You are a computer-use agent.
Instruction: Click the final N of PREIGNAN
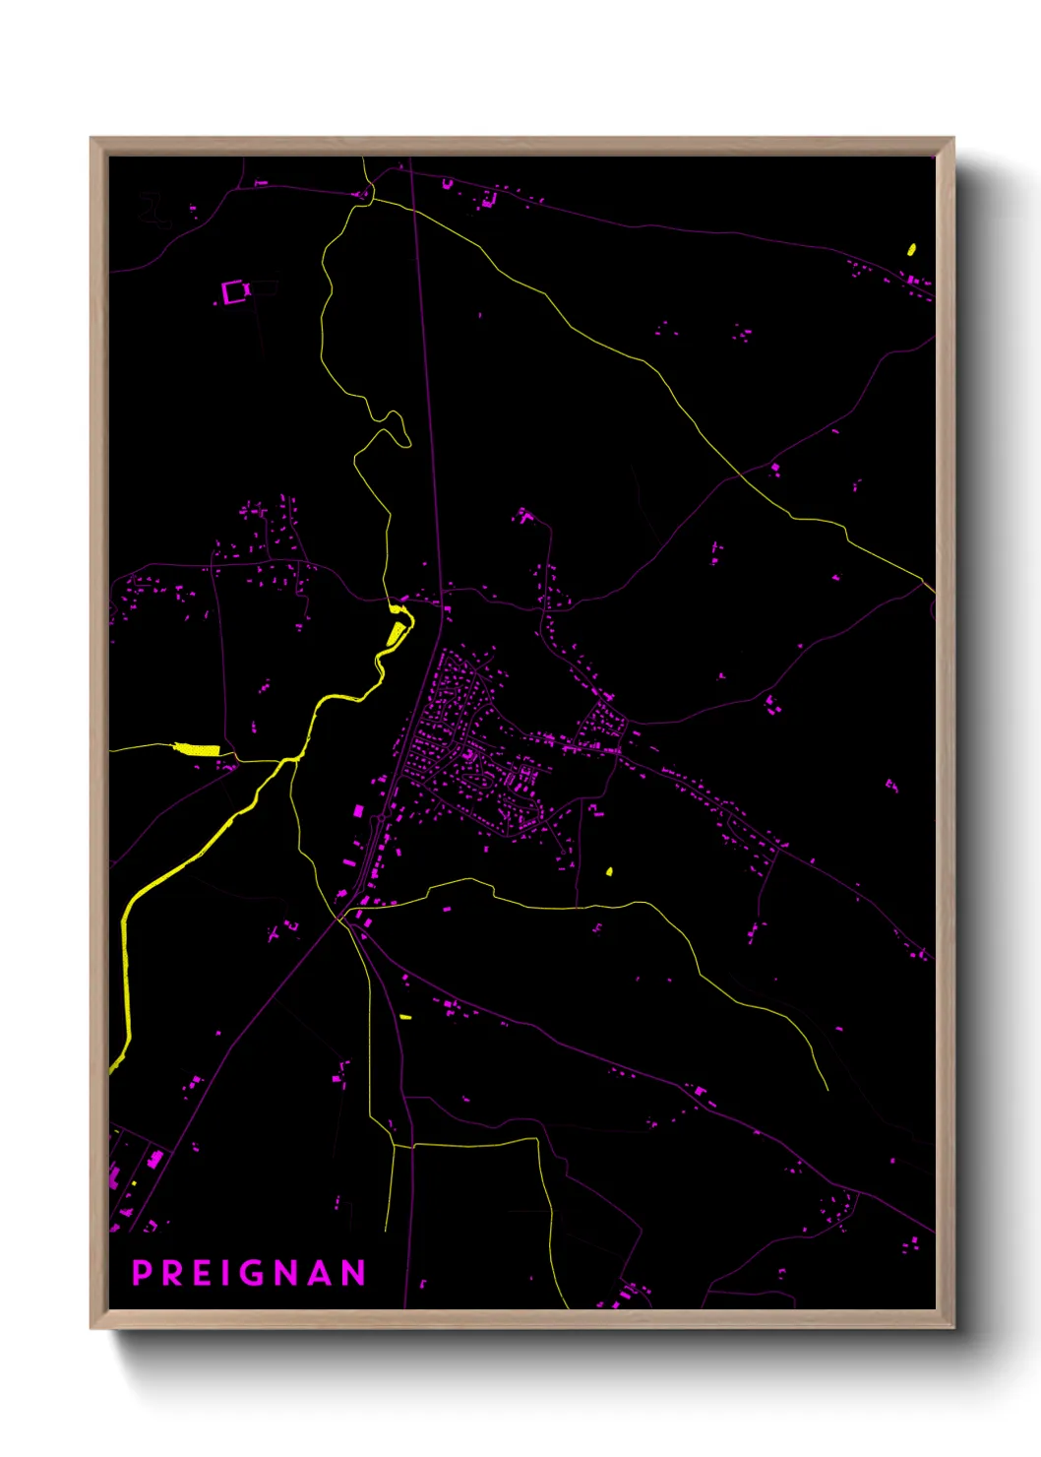tap(354, 1273)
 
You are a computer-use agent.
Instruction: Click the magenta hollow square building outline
tap(234, 292)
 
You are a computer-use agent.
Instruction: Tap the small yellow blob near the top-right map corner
tap(911, 249)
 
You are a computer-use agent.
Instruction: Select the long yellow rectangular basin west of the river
tap(197, 750)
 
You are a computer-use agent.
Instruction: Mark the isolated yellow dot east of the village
tap(609, 871)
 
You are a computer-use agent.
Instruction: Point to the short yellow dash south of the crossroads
tap(405, 1016)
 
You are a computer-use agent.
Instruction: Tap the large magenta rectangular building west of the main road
tap(358, 811)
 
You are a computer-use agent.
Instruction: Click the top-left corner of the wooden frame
tap(92, 139)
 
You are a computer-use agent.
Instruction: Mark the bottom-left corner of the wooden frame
tap(92, 1327)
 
